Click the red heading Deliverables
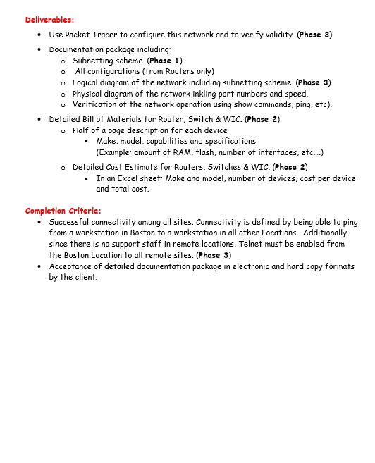[49, 20]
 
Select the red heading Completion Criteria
[63, 210]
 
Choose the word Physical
[88, 94]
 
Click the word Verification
[94, 104]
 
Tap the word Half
[81, 130]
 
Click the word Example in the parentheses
[114, 152]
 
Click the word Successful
[71, 221]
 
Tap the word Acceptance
[72, 266]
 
